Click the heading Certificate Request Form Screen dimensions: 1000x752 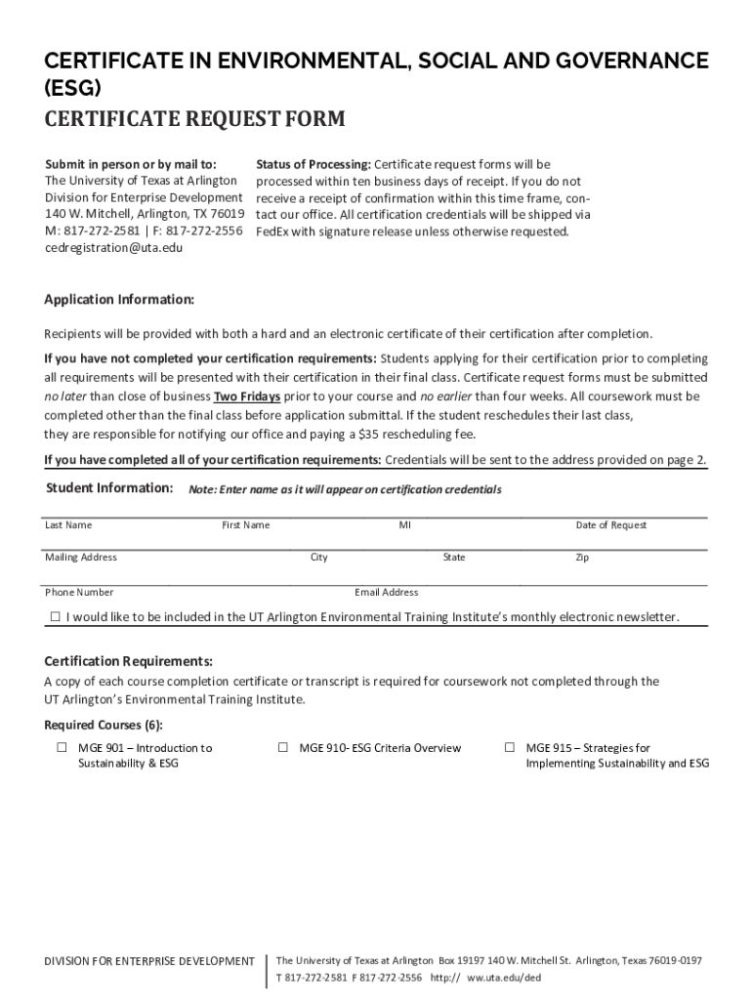pyautogui.click(x=194, y=119)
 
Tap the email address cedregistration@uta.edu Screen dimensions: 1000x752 pyautogui.click(x=113, y=248)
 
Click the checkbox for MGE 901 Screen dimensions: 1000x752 pyautogui.click(x=61, y=748)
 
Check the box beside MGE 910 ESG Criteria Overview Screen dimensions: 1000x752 pyautogui.click(x=282, y=748)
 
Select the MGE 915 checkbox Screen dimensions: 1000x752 pyautogui.click(x=509, y=748)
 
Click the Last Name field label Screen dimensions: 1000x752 pyautogui.click(x=68, y=525)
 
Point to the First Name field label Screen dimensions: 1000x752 pyautogui.click(x=246, y=525)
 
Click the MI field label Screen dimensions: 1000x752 pyautogui.click(x=404, y=525)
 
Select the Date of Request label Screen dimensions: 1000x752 pyautogui.click(x=610, y=525)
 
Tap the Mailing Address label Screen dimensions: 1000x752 pyautogui.click(x=81, y=558)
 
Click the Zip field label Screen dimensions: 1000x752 pyautogui.click(x=582, y=558)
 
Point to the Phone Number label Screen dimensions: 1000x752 pyautogui.click(x=79, y=593)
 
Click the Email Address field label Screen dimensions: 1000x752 pyautogui.click(x=386, y=593)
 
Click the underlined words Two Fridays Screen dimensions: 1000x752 pyautogui.click(x=247, y=396)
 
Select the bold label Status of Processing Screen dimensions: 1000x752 pyautogui.click(x=313, y=164)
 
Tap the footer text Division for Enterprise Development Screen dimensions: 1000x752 pyautogui.click(x=149, y=962)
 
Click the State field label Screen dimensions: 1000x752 pyautogui.click(x=453, y=558)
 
